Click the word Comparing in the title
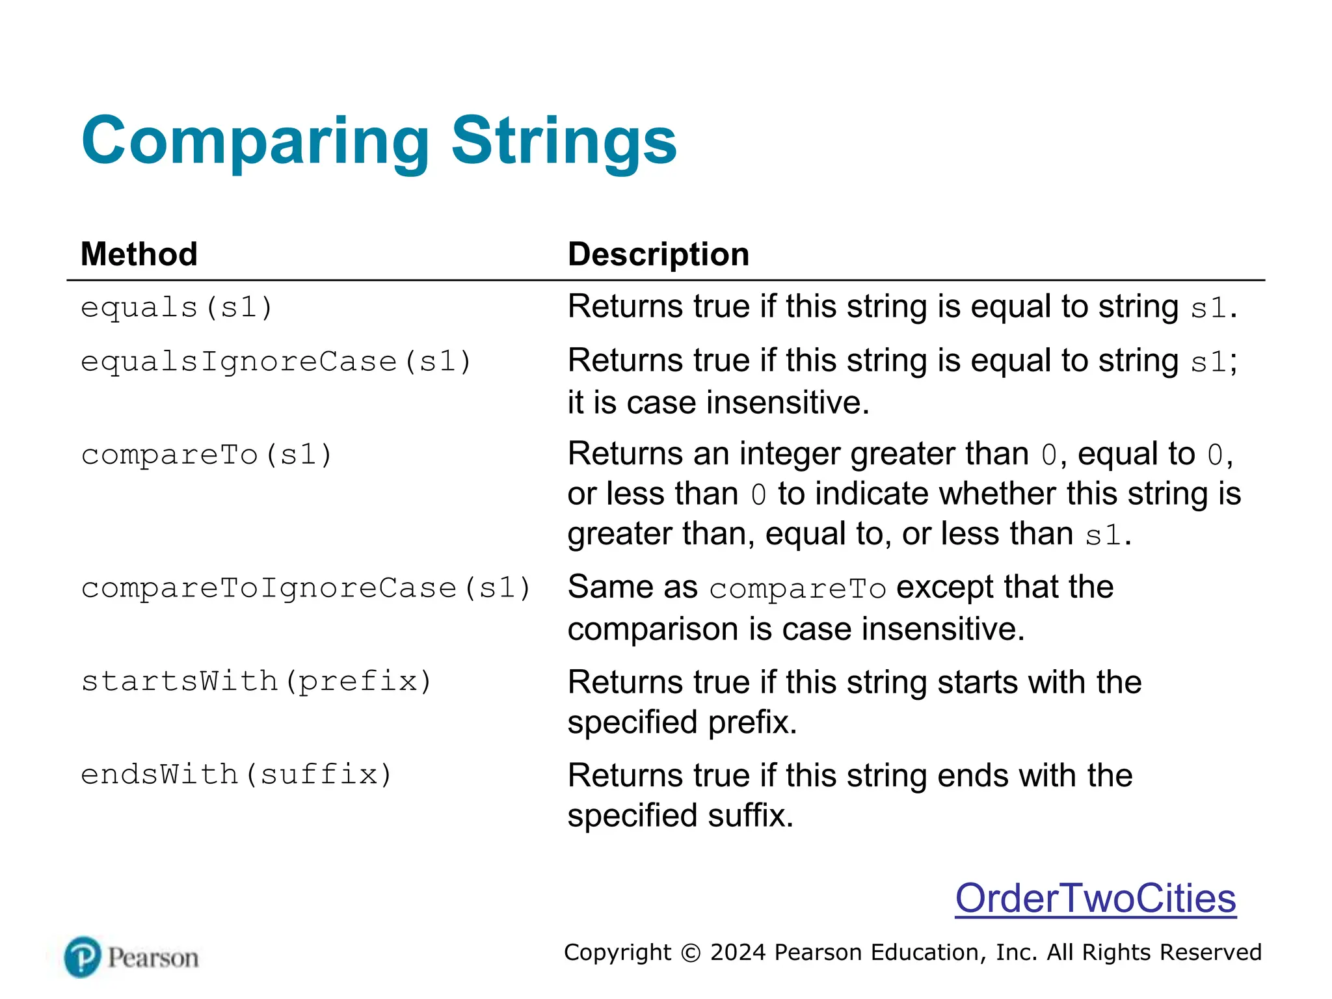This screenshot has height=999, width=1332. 255,142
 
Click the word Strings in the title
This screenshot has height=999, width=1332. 564,142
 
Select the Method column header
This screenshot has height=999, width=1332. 139,254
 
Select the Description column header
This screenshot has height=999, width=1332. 658,254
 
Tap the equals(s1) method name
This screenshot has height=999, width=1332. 176,307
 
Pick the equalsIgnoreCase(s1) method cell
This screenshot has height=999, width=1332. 276,362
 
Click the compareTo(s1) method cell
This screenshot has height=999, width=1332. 206,455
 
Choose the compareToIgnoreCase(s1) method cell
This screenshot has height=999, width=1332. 306,588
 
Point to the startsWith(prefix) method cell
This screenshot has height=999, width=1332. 256,682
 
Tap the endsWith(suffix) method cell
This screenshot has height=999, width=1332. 236,775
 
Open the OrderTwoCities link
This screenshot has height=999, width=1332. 1095,898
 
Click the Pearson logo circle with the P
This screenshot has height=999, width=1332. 83,957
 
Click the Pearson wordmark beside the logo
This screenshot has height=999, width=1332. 153,957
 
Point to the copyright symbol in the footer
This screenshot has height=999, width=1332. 691,953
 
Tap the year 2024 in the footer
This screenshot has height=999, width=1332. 738,952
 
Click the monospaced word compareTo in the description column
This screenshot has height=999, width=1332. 797,589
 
